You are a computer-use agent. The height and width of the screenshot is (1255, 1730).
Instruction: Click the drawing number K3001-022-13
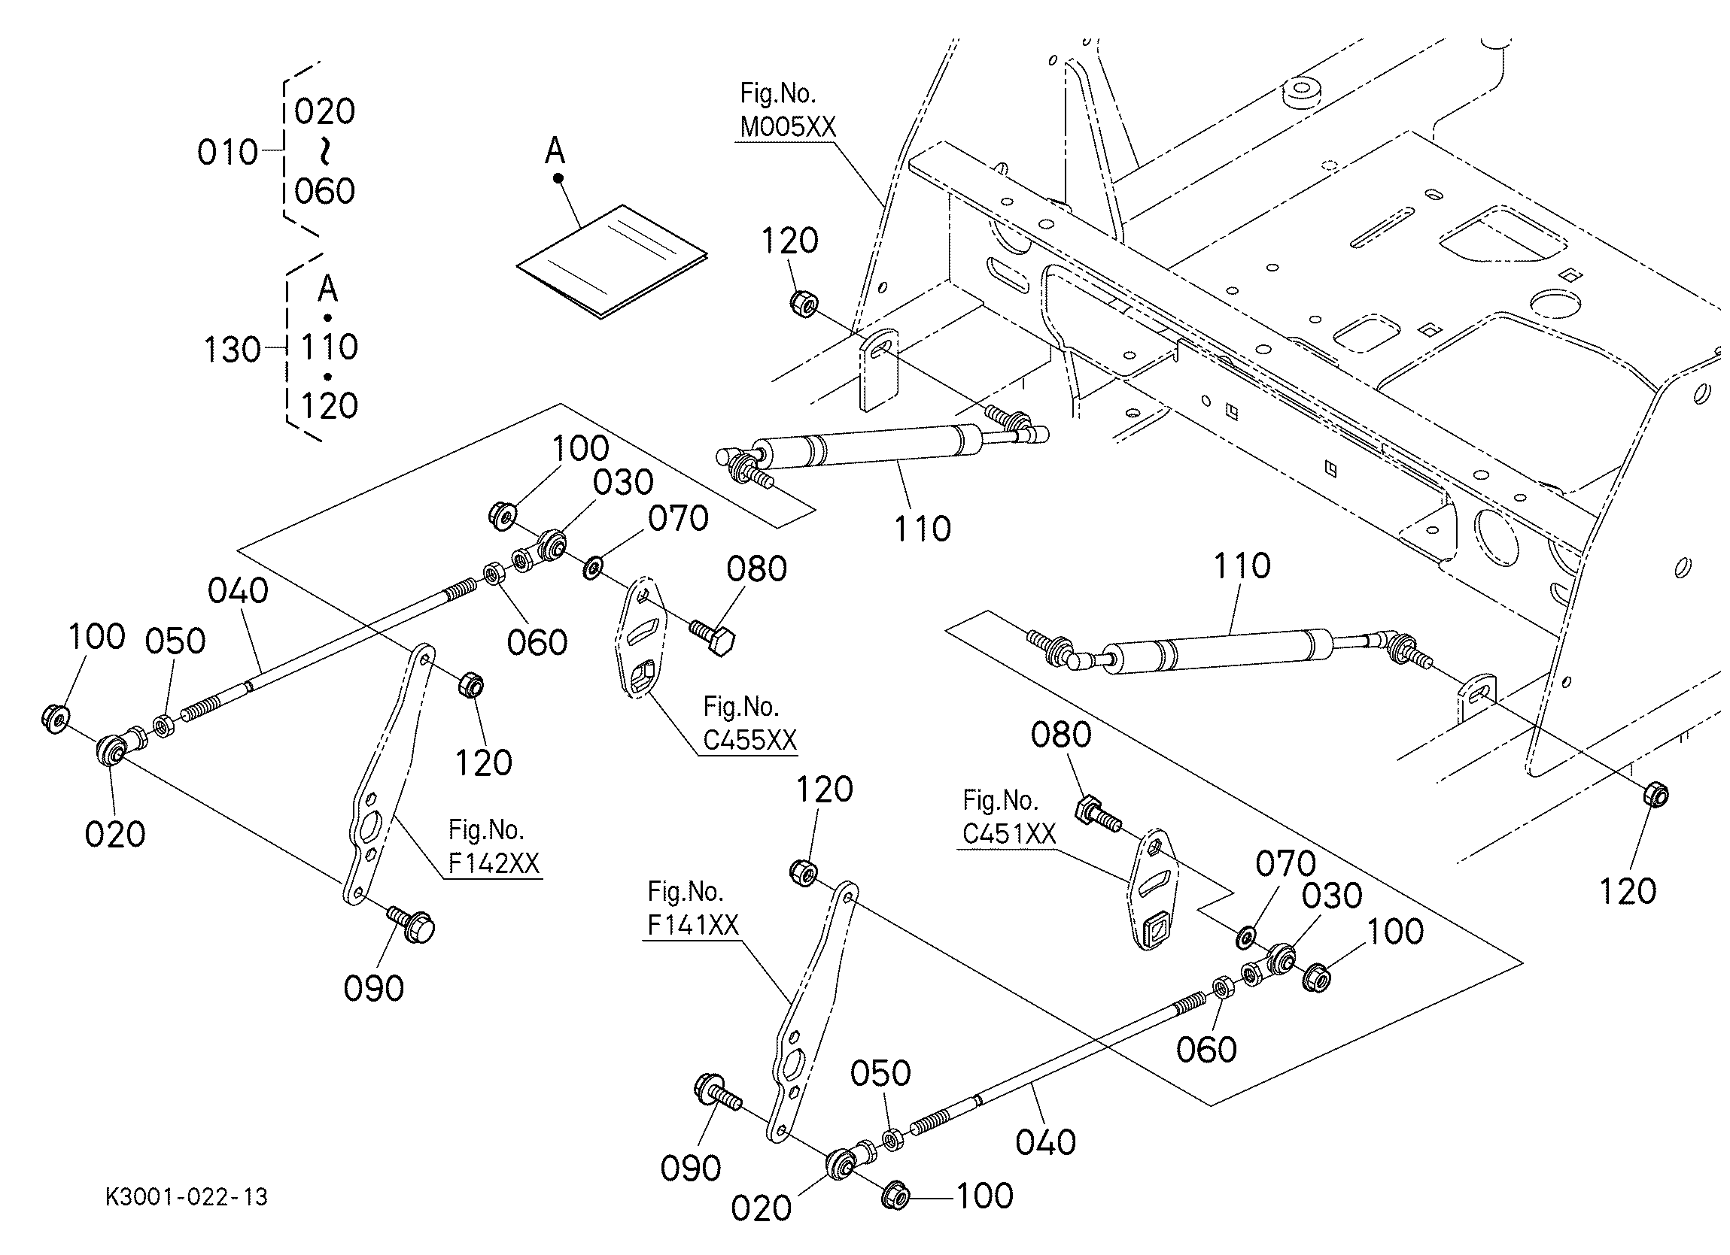click(x=187, y=1197)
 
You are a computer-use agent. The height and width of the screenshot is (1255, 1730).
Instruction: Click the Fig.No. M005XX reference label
click(x=787, y=111)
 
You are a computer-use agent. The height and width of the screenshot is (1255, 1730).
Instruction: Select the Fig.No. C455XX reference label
click(x=749, y=723)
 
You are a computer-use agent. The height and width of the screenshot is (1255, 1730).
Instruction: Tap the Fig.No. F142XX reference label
click(x=494, y=847)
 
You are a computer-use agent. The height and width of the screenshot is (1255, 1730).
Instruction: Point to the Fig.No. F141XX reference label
click(x=692, y=908)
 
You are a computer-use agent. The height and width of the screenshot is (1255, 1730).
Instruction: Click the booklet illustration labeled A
click(x=612, y=260)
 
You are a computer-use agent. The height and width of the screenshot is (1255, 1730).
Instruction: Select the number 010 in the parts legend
click(x=227, y=153)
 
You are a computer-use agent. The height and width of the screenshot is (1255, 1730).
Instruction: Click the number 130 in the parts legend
click(x=232, y=350)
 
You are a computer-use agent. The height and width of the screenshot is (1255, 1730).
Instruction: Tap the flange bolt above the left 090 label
click(x=412, y=924)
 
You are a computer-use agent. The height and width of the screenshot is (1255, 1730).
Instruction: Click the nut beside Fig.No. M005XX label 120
click(x=802, y=303)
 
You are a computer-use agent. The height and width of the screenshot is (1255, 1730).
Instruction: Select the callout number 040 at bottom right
click(x=1045, y=1142)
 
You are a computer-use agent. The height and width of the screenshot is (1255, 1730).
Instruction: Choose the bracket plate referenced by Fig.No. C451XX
click(x=1154, y=889)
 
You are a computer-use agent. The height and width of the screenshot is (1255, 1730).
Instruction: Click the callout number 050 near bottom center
click(x=880, y=1073)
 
